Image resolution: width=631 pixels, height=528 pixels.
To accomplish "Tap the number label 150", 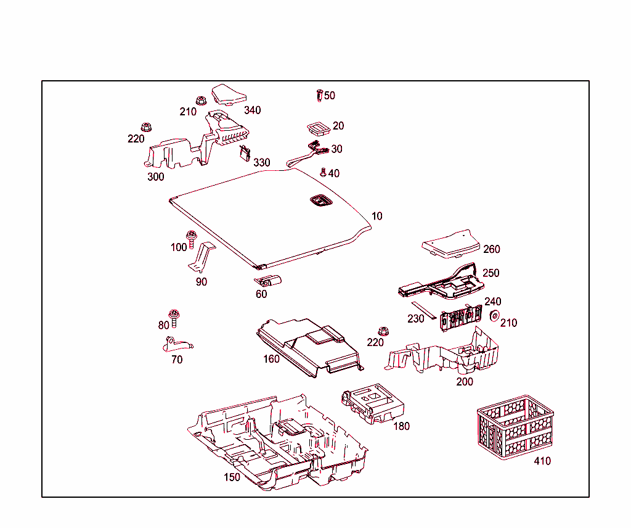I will [232, 477].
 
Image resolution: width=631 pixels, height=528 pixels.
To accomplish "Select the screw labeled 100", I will [191, 237].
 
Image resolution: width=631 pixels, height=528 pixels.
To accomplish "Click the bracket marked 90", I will [203, 257].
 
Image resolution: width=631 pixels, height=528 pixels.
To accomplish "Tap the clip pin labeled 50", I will [319, 96].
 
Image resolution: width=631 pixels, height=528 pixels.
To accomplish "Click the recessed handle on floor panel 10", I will [319, 200].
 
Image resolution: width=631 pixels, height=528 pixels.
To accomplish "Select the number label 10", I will [377, 217].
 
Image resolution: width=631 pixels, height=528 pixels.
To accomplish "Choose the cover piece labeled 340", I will [229, 95].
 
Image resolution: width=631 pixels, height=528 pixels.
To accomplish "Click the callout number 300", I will [156, 177].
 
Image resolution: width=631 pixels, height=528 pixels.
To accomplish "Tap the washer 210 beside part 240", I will [494, 316].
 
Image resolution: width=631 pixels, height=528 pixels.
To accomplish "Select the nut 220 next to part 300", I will [147, 126].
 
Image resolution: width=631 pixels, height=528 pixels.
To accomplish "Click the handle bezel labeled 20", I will [318, 128].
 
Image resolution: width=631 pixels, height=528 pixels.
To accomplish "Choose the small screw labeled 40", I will [322, 172].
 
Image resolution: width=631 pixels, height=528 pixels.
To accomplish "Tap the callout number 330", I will [262, 163].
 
